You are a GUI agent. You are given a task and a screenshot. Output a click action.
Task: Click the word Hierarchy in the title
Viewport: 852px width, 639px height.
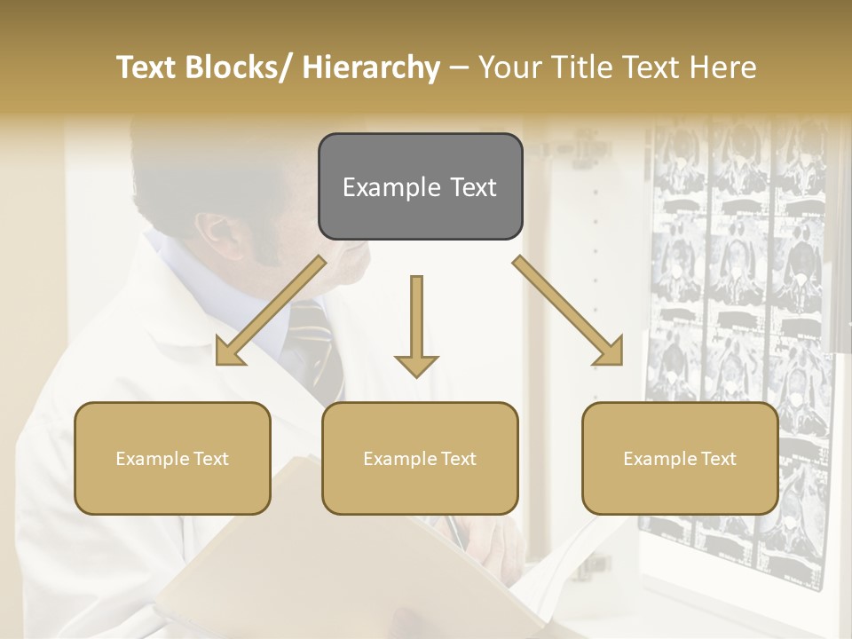point(371,68)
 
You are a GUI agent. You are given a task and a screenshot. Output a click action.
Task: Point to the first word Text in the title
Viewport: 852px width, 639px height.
point(147,68)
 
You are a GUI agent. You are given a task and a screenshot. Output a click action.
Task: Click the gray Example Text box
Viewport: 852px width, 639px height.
point(420,187)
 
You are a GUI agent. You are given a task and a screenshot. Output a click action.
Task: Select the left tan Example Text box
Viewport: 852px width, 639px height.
point(172,459)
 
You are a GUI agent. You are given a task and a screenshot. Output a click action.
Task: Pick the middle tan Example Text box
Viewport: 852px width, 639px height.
point(420,459)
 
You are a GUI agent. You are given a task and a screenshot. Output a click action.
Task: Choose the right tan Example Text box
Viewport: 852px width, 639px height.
point(680,459)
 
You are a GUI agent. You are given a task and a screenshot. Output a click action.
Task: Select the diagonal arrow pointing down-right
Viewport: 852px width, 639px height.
point(568,311)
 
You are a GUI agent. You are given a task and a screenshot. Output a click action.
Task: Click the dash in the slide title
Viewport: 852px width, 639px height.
point(459,68)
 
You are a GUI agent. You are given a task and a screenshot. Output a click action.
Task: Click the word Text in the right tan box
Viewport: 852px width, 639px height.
point(718,459)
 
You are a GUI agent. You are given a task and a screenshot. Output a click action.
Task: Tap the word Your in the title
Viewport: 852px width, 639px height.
point(509,68)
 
